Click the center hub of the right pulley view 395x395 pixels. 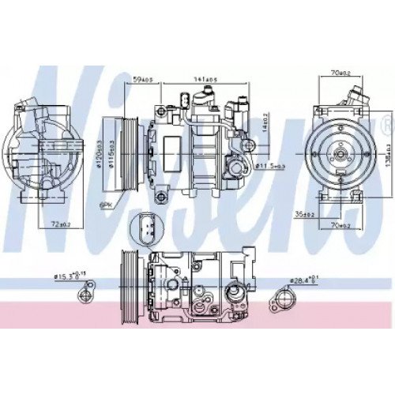[x=339, y=148]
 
